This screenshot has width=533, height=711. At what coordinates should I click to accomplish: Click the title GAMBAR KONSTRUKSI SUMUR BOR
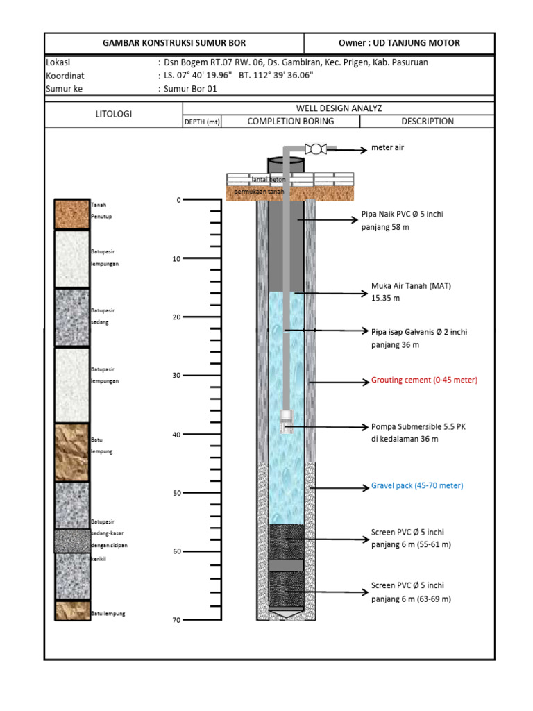click(x=174, y=43)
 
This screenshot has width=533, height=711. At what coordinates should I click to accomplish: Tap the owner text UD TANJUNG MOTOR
click(x=399, y=43)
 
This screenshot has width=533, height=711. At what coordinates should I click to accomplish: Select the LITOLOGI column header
click(x=113, y=115)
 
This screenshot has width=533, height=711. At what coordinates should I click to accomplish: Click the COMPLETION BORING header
click(x=290, y=121)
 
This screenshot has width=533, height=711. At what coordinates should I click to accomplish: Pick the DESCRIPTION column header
click(x=428, y=121)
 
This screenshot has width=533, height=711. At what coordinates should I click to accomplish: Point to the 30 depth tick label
click(x=176, y=376)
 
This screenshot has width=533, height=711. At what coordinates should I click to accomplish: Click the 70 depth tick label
click(x=176, y=620)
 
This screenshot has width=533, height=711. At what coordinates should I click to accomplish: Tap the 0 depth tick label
click(x=178, y=200)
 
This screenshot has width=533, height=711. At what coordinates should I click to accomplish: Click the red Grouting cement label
click(x=424, y=380)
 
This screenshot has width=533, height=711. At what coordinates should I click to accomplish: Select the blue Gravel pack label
click(x=416, y=485)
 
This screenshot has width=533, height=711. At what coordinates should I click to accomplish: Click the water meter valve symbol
click(x=316, y=148)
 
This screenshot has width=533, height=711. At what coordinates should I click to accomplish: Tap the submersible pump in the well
click(x=285, y=422)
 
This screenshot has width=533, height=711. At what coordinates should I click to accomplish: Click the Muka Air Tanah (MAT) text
click(x=406, y=285)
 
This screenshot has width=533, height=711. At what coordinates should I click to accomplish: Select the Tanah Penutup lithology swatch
click(x=73, y=214)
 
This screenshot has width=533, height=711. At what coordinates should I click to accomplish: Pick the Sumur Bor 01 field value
click(x=188, y=88)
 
